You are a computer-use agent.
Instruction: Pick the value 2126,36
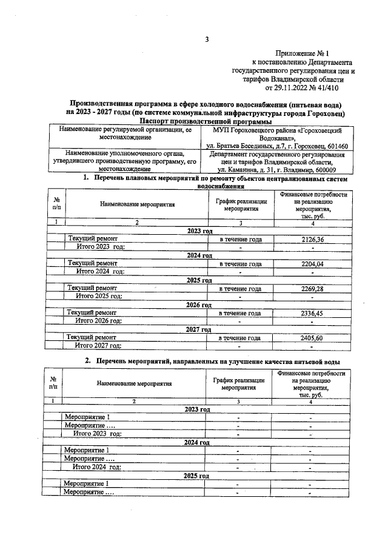[312, 240]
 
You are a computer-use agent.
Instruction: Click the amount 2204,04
[312, 264]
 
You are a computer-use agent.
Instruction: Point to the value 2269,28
[312, 288]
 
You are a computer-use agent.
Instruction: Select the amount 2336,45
[312, 313]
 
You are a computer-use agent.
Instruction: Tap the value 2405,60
[312, 337]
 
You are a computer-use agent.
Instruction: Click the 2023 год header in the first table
[199, 231]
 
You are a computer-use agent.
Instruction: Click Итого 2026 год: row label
[98, 320]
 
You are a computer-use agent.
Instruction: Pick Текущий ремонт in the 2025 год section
[93, 288]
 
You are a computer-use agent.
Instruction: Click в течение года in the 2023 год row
[240, 240]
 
